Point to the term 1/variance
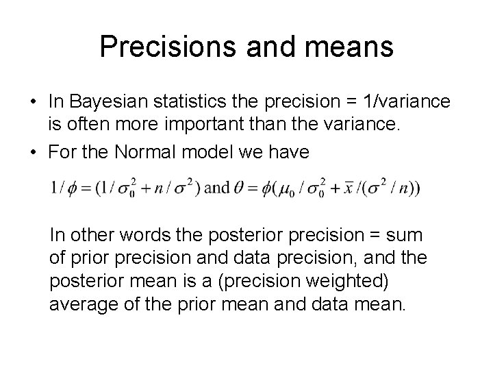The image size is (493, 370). (407, 101)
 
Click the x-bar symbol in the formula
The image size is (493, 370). (350, 186)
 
